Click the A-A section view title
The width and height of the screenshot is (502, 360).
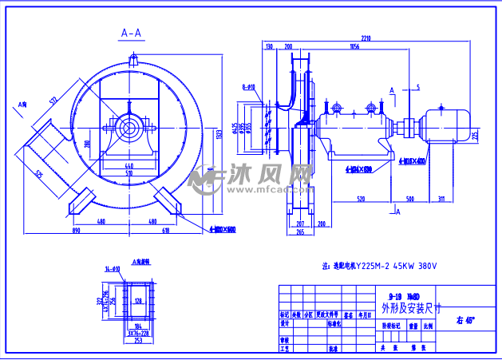point(131,33)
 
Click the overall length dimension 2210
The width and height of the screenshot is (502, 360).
point(366,38)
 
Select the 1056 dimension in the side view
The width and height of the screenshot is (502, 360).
point(354,47)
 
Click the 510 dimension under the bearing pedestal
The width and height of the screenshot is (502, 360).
point(128,172)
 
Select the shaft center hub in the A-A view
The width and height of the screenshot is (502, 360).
point(128,127)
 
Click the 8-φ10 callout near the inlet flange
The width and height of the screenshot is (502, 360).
point(248,85)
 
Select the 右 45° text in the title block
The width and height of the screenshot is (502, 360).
point(465,320)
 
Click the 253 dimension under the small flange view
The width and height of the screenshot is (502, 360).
point(137,339)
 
